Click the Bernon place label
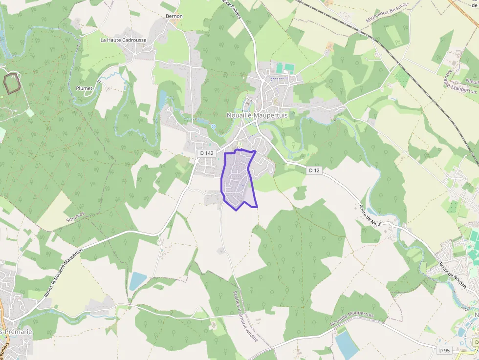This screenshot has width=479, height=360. (x=174, y=16)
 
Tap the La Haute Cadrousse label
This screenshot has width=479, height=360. (x=123, y=40)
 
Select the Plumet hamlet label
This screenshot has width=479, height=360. (x=84, y=88)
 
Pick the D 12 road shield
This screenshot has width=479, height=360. (x=314, y=170)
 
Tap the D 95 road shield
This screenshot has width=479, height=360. (x=444, y=350)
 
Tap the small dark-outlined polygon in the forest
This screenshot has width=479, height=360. (x=12, y=82)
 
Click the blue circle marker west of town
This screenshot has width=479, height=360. (x=213, y=127)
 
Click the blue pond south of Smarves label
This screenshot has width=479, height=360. (x=137, y=281)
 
